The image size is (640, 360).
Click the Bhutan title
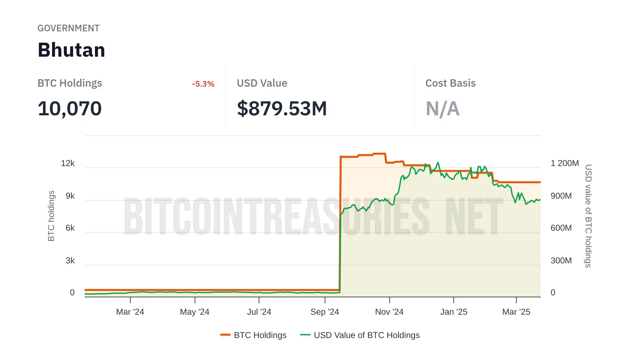pos(71,50)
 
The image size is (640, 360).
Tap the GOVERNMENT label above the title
pos(68,28)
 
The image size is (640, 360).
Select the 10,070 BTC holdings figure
pos(70,109)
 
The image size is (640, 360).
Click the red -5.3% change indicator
pos(203,84)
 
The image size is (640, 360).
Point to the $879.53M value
pos(282,109)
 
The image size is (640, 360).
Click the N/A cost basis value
pos(442,109)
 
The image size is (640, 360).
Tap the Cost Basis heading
pos(450,83)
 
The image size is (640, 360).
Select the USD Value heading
pos(262,83)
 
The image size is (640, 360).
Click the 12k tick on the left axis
pos(68,163)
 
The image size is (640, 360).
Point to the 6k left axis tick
pos(70,228)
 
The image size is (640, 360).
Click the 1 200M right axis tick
pos(564,163)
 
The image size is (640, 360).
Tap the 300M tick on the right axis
pos(561,261)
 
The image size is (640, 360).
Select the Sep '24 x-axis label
pos(324,312)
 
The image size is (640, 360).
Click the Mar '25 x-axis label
pos(516,312)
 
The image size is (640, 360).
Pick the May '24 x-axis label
pos(194,312)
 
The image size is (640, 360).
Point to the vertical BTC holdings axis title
pos(51,216)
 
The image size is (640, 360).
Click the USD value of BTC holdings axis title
pos(588,216)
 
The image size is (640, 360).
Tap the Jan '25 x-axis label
pos(453,312)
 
